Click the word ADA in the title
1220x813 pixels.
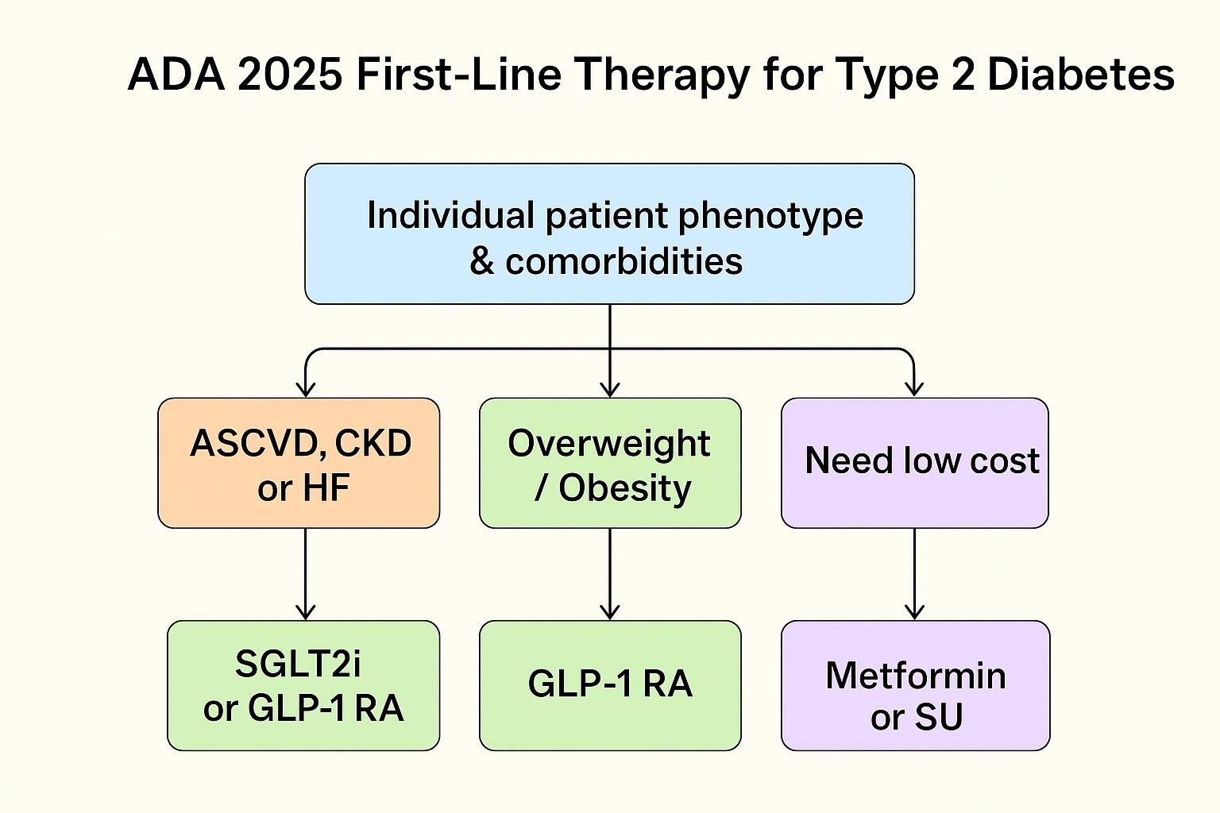176,75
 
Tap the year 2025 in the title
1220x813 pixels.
290,75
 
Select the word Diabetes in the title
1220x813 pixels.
1080,75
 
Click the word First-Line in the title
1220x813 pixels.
458,75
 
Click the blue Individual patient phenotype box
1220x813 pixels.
609,233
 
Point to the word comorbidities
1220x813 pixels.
624,261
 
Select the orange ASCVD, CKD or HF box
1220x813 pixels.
299,463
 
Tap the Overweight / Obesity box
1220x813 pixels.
610,463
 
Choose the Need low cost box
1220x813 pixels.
915,463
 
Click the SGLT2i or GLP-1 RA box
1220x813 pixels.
303,686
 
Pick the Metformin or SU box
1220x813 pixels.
916,686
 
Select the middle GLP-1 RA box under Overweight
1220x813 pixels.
610,686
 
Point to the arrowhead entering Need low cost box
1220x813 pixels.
914,389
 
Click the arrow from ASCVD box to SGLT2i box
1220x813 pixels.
306,574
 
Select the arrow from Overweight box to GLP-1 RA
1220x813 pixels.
610,574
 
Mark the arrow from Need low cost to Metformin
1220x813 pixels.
914,574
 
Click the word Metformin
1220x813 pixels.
916,676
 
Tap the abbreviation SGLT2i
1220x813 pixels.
298,664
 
